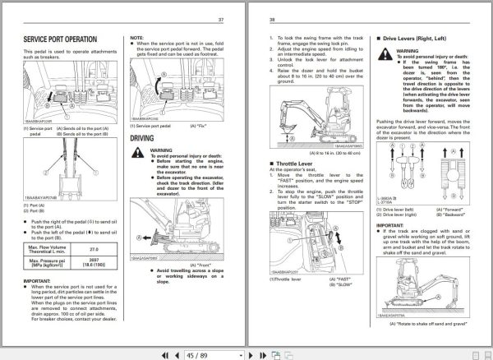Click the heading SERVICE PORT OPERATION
coord(71,39)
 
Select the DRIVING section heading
coord(148,139)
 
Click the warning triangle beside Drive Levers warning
coord(393,50)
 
